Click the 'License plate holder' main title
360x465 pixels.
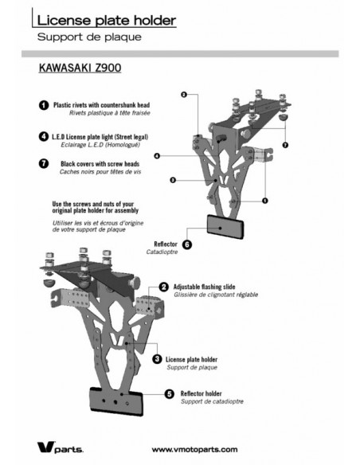[107, 19]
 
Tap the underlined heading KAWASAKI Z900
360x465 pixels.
[80, 69]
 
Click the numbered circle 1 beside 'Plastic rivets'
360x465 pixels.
[42, 105]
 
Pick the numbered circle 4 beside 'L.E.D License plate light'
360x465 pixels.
[42, 136]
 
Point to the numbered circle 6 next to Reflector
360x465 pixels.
[187, 244]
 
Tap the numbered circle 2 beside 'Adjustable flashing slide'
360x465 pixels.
[163, 287]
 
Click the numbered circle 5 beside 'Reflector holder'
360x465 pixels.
[169, 393]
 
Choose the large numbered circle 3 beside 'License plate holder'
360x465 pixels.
[157, 360]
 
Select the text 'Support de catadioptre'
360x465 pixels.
[210, 401]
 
